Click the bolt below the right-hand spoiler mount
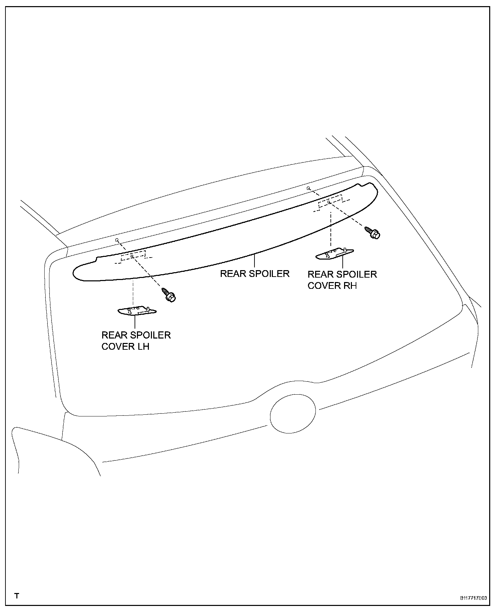pyautogui.click(x=373, y=233)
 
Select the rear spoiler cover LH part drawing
pyautogui.click(x=137, y=311)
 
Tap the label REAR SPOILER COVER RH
pyautogui.click(x=342, y=280)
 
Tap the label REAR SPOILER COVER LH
pyautogui.click(x=136, y=341)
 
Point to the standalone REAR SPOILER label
pyautogui.click(x=254, y=274)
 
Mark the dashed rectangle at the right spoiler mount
pyautogui.click(x=330, y=202)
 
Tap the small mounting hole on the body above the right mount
pyautogui.click(x=308, y=188)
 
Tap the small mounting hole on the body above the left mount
pyautogui.click(x=117, y=240)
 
